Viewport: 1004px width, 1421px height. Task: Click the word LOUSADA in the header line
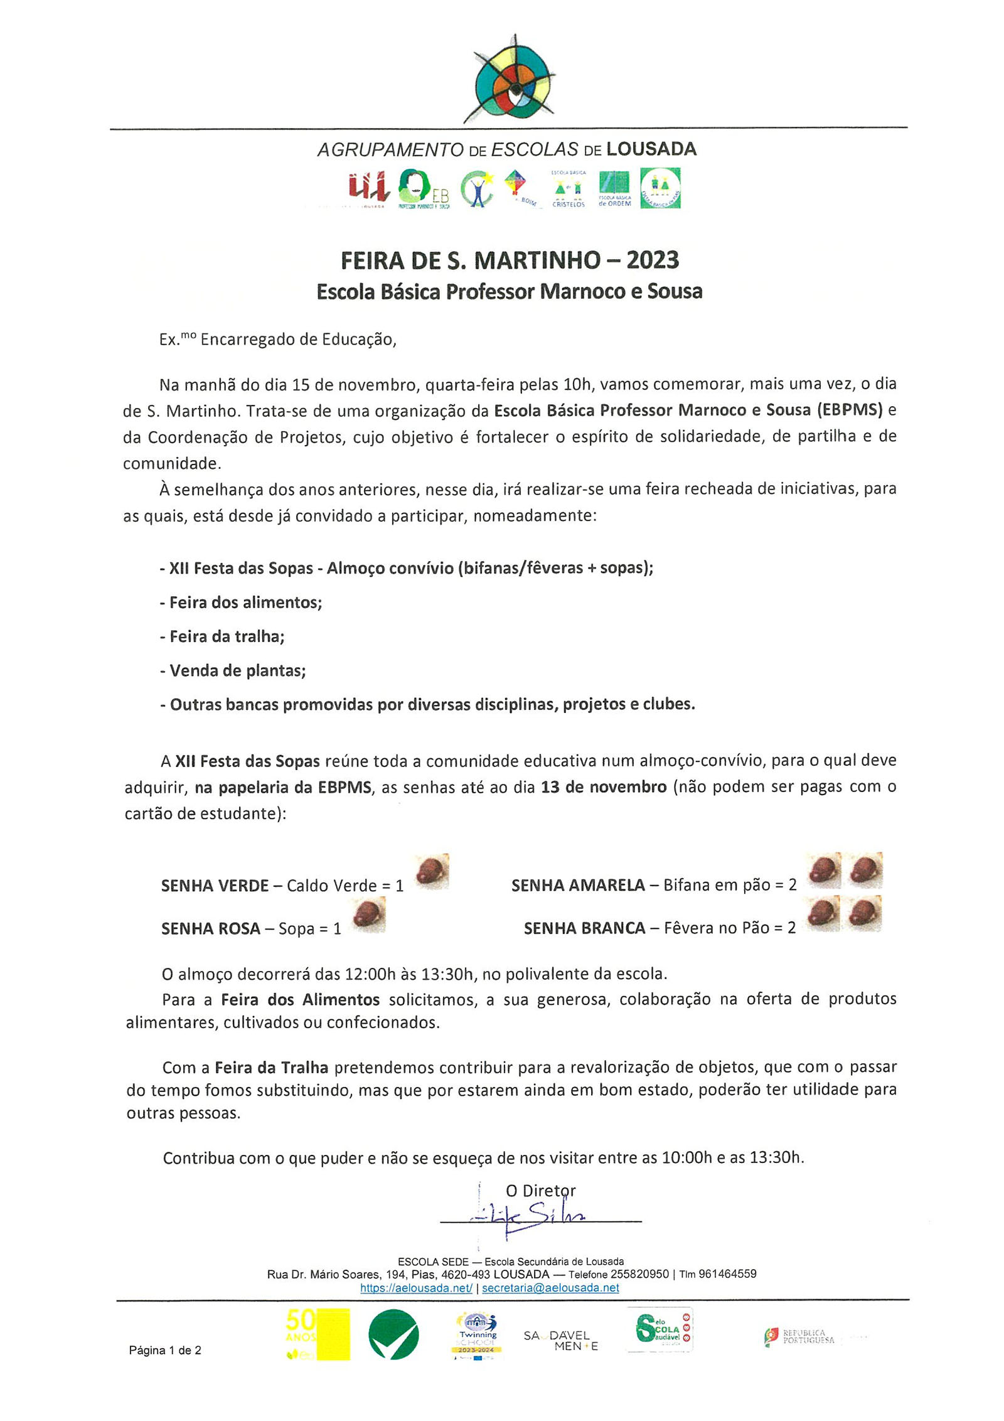pos(651,149)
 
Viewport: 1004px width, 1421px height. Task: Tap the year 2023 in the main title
pos(652,260)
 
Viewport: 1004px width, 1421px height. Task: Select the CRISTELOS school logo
pos(568,188)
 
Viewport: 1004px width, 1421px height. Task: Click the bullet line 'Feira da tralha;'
pos(222,636)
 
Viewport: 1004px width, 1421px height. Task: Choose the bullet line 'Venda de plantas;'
pos(233,671)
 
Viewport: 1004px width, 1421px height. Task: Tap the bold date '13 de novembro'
pos(603,787)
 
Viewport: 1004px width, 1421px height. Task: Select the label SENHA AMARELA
pos(577,885)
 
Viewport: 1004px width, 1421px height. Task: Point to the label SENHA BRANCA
pos(584,928)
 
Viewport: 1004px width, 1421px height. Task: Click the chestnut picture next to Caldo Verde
pos(431,871)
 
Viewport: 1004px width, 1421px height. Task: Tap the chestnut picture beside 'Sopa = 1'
pos(368,914)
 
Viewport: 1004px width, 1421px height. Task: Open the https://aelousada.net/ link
pos(416,1288)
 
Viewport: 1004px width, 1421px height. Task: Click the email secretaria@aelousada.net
pos(550,1288)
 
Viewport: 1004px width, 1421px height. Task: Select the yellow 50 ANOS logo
pos(317,1334)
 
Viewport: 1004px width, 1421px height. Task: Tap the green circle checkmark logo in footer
pos(393,1334)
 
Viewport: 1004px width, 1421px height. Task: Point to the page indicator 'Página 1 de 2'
pos(165,1351)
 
